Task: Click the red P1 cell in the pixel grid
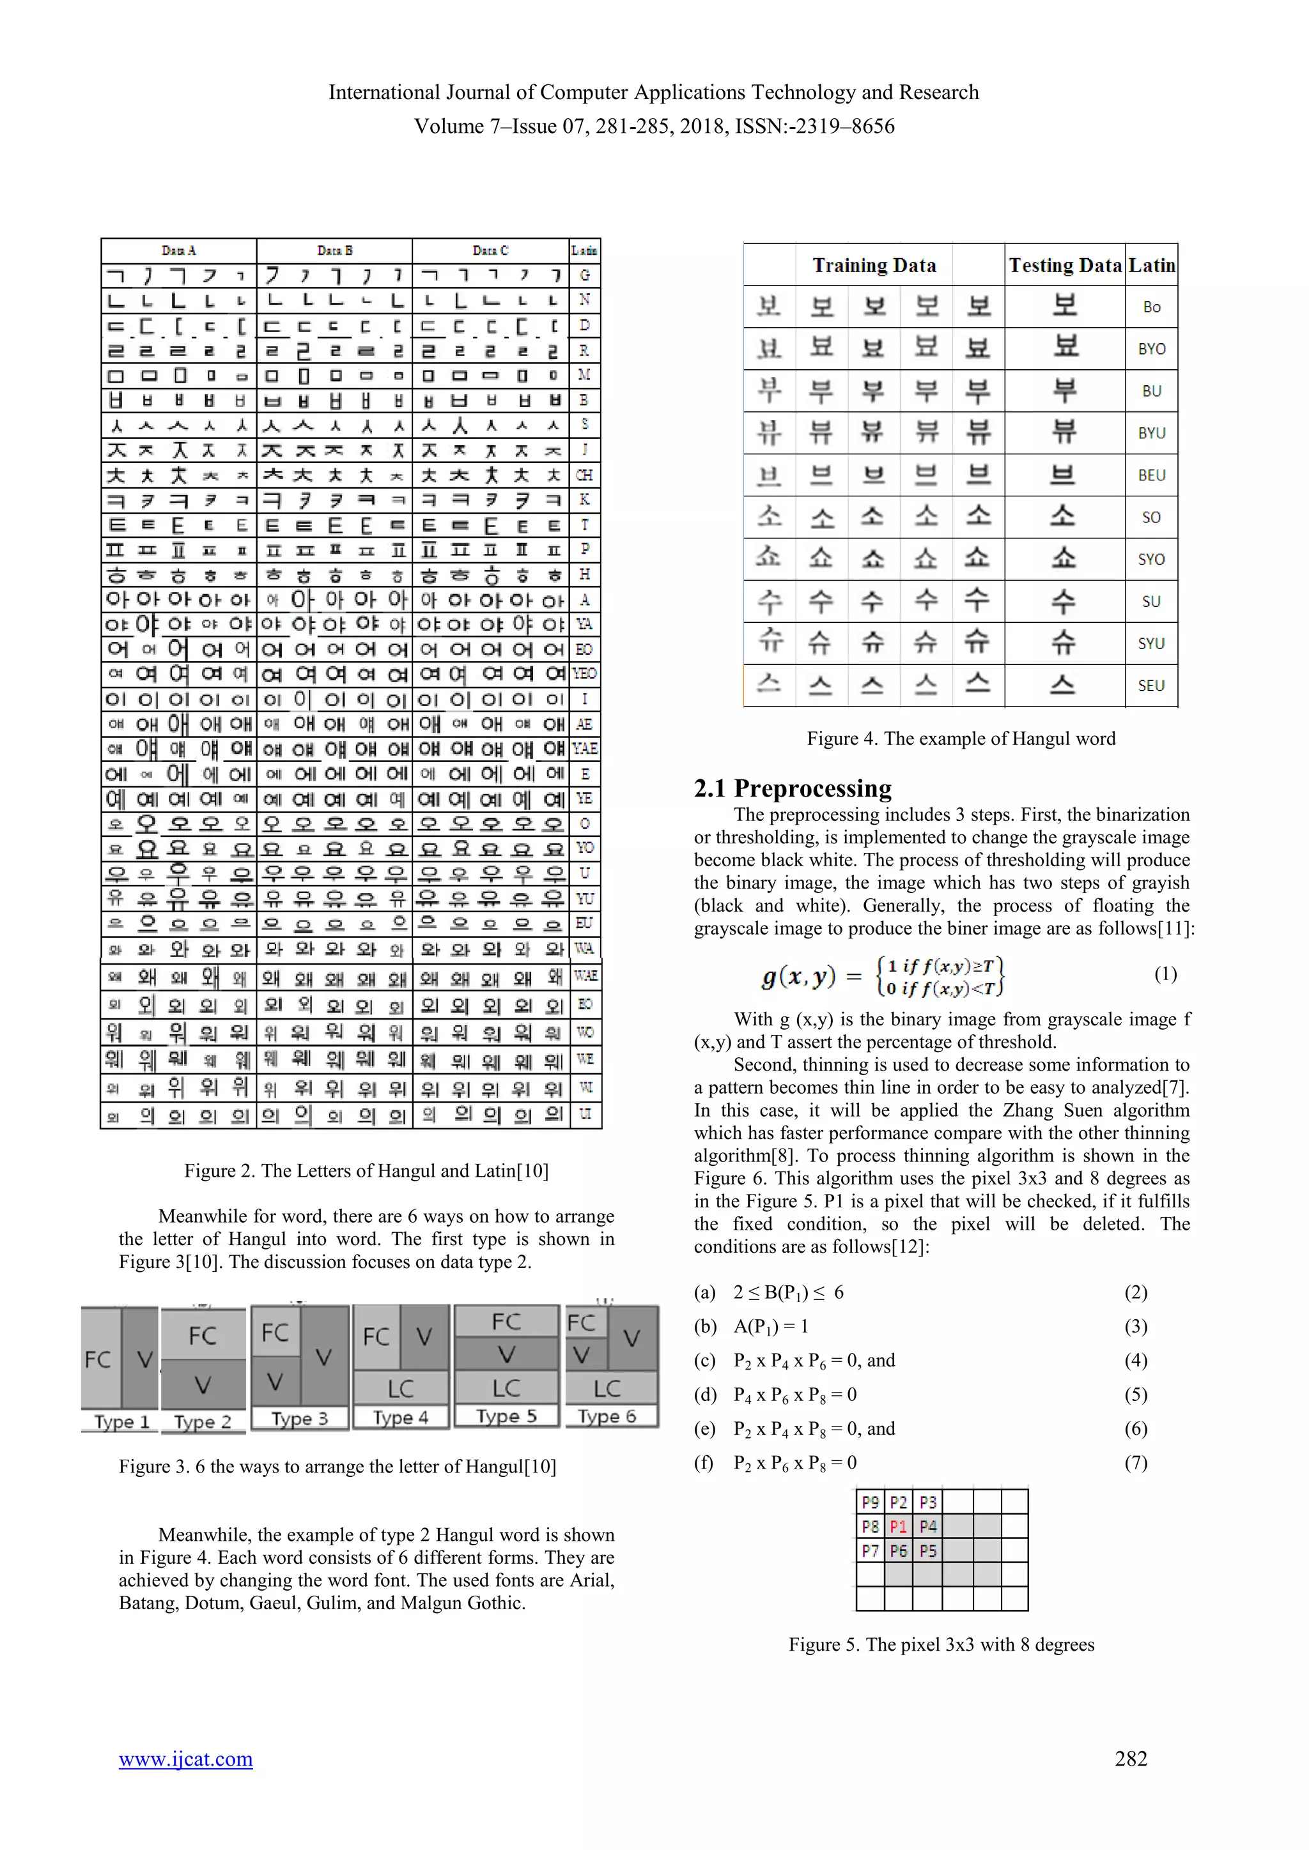click(x=898, y=1526)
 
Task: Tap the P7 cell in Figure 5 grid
click(x=870, y=1550)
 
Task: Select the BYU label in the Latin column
click(x=1151, y=432)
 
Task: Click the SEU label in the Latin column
click(x=1151, y=685)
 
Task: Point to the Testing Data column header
click(x=1065, y=265)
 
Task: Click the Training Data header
click(x=874, y=265)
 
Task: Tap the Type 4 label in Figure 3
click(x=401, y=1418)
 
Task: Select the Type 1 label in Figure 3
click(x=121, y=1421)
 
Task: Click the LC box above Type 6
click(x=607, y=1388)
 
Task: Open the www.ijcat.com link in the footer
click(x=185, y=1758)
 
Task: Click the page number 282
click(x=1130, y=1758)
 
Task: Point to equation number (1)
click(x=1165, y=974)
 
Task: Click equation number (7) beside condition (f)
click(x=1135, y=1462)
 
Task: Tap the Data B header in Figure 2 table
click(x=334, y=250)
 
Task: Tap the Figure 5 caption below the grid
click(x=941, y=1644)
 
